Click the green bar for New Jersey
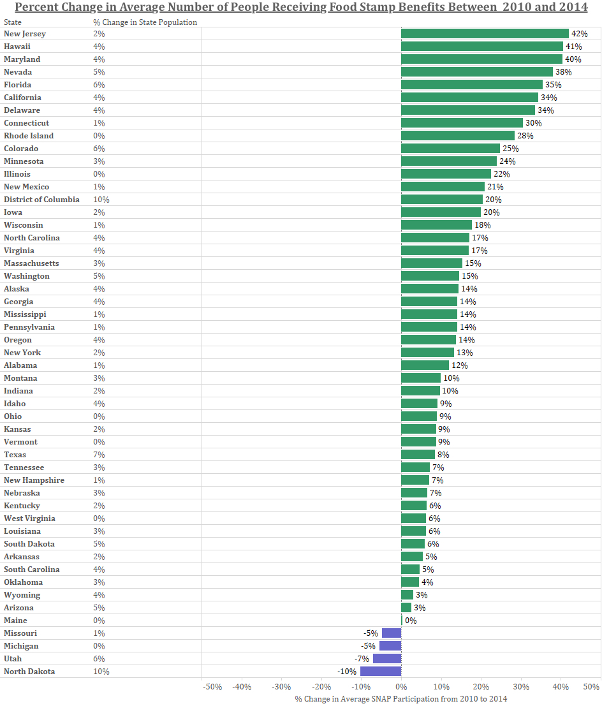485,34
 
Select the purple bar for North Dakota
381,672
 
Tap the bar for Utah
387,659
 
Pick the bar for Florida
472,85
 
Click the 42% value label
578,34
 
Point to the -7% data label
362,659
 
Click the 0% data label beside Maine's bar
411,621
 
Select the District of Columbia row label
41,200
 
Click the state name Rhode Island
29,136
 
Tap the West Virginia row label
29,518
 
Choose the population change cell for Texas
99,455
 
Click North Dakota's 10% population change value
101,672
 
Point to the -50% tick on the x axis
212,687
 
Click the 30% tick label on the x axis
521,687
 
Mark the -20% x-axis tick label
321,687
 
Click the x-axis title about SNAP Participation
401,699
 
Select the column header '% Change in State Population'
145,22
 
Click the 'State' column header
12,22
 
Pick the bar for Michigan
390,646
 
